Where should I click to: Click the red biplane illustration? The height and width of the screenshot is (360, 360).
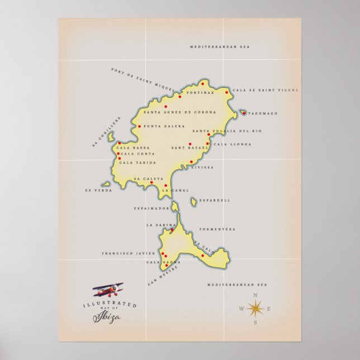(x=108, y=290)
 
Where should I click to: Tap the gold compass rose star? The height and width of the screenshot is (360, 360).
(x=255, y=308)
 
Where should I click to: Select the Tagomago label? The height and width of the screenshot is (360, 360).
(x=262, y=113)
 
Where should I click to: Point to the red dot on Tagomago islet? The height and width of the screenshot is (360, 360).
(x=244, y=113)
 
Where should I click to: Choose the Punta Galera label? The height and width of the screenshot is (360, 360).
(x=164, y=126)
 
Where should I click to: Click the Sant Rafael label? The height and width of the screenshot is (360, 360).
(x=186, y=148)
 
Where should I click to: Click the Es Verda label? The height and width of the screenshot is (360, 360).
(x=98, y=190)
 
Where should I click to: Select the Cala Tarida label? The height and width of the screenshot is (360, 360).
(x=138, y=163)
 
